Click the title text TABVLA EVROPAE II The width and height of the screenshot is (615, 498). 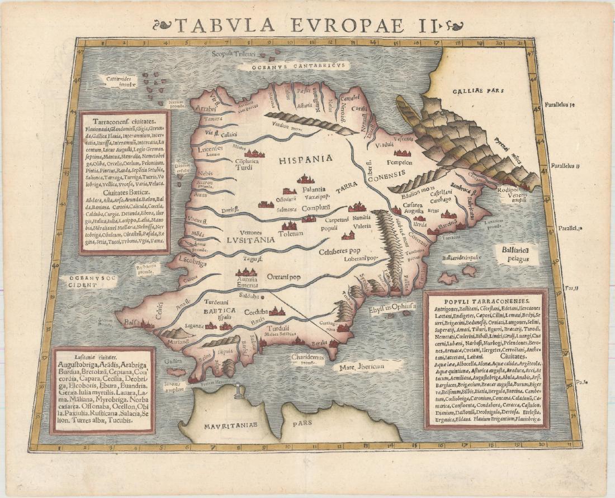307,25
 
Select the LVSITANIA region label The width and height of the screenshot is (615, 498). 250,239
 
